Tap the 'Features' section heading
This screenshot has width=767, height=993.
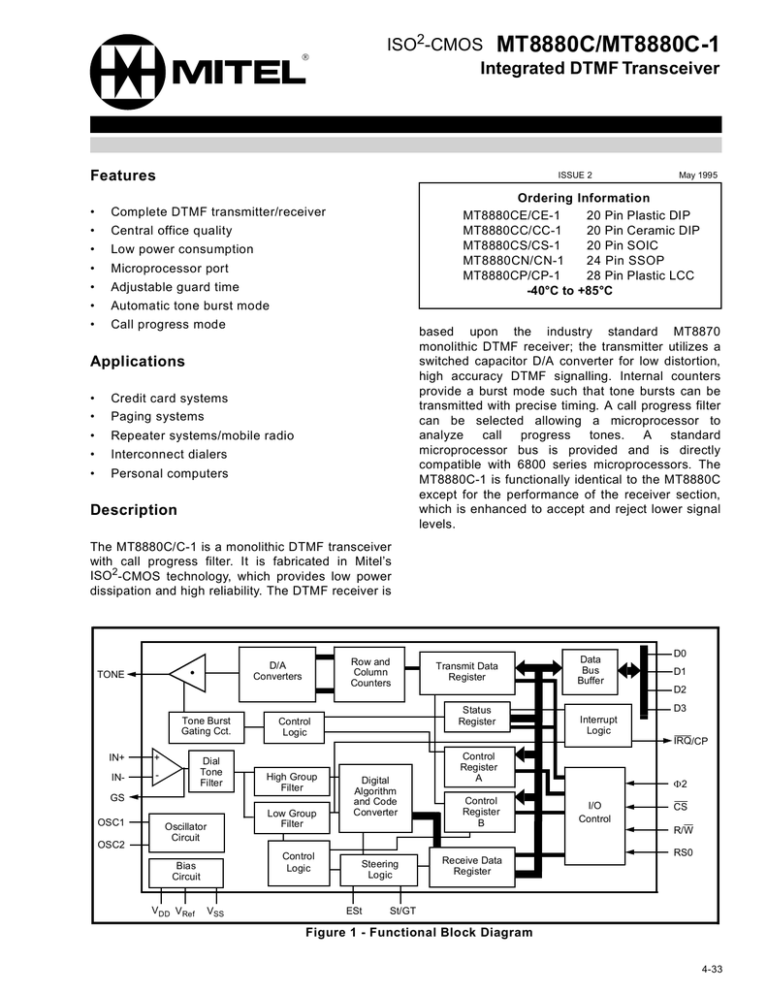(x=122, y=176)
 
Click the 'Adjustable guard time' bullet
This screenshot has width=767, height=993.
(x=175, y=287)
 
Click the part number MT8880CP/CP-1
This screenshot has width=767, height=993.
(x=511, y=275)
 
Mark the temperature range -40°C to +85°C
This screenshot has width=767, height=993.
(x=569, y=290)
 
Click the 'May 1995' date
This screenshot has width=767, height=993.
(x=697, y=175)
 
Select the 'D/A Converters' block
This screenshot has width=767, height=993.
(x=277, y=670)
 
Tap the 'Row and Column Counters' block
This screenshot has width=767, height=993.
(x=369, y=672)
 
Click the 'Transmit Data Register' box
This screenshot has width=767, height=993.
(x=466, y=671)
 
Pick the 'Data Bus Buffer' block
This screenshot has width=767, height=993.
(x=591, y=670)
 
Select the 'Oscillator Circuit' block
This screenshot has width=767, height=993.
(x=185, y=831)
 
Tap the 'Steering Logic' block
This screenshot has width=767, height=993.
(x=379, y=869)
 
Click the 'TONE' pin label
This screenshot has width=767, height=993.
(x=110, y=674)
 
